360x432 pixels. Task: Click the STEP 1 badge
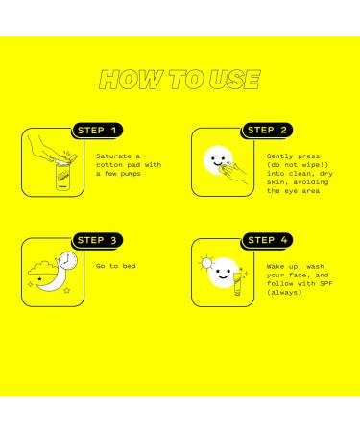tap(97, 131)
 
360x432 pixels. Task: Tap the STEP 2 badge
tap(267, 131)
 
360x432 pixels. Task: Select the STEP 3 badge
tap(97, 240)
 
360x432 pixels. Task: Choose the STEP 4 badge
tap(267, 240)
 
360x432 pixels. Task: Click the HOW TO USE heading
tap(180, 80)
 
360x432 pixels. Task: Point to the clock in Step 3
tap(68, 260)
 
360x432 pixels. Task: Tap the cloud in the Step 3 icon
tap(42, 268)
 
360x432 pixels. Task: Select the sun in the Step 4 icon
tap(206, 263)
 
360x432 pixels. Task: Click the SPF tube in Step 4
tap(238, 283)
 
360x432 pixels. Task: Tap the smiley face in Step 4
tap(223, 273)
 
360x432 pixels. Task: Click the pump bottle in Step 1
tap(62, 177)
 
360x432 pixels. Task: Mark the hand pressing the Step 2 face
tap(235, 172)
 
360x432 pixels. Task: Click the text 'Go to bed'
tap(116, 266)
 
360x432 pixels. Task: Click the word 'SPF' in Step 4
tap(326, 283)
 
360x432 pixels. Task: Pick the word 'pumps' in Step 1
tap(131, 174)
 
